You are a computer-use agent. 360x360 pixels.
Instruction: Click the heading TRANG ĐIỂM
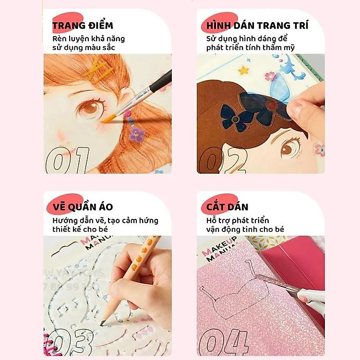[83, 25]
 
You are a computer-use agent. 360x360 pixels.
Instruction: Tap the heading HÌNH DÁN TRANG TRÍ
[257, 25]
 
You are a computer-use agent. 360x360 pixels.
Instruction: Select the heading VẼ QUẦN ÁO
[83, 207]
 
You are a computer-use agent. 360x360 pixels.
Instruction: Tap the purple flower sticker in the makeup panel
[137, 134]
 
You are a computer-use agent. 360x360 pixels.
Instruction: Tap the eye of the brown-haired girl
[289, 146]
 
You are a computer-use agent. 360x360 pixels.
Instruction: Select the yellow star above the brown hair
[243, 70]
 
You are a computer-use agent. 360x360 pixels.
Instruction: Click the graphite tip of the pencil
[102, 324]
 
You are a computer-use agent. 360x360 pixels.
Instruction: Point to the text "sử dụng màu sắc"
[84, 48]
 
